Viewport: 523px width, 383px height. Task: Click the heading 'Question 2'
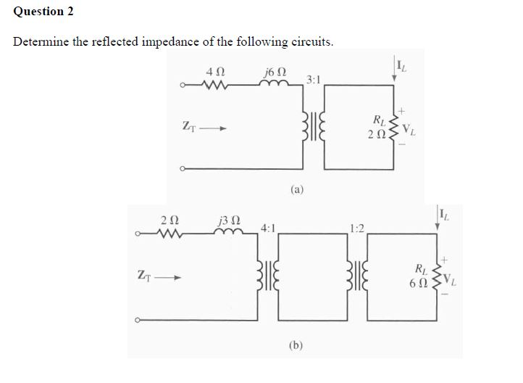(43, 12)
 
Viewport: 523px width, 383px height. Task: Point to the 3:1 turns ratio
(314, 78)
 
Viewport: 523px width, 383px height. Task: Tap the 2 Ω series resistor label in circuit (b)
(168, 218)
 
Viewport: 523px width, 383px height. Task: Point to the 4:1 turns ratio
(267, 227)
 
